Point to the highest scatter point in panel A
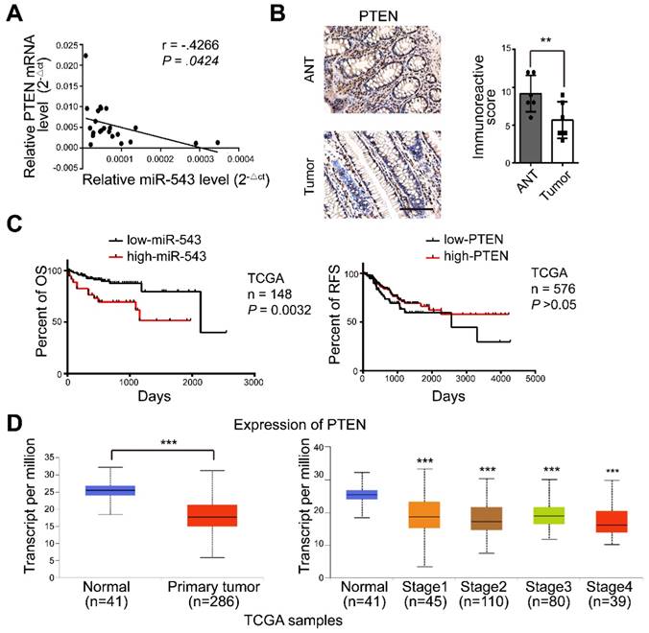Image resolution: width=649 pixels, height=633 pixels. coord(85,56)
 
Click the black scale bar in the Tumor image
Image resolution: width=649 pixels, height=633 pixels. coord(420,205)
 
